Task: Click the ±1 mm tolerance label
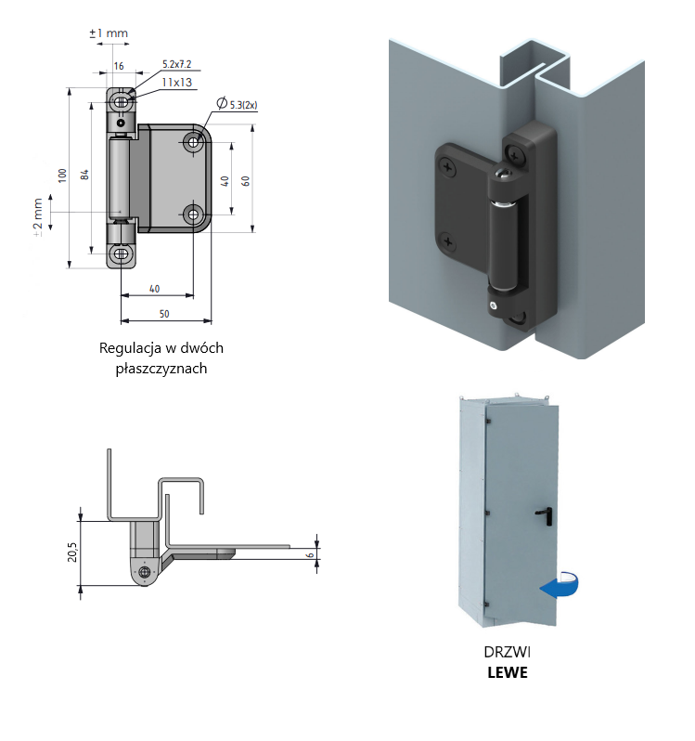coord(108,33)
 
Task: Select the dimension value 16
coord(119,67)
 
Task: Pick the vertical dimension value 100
coord(62,175)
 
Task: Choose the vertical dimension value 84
coord(84,175)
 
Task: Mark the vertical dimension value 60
coord(245,180)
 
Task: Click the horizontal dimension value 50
coord(164,315)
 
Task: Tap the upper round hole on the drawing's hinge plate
coord(194,142)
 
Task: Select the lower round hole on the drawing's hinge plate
coord(194,214)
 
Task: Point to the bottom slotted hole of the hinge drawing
coord(121,252)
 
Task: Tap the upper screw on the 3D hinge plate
coord(449,167)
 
